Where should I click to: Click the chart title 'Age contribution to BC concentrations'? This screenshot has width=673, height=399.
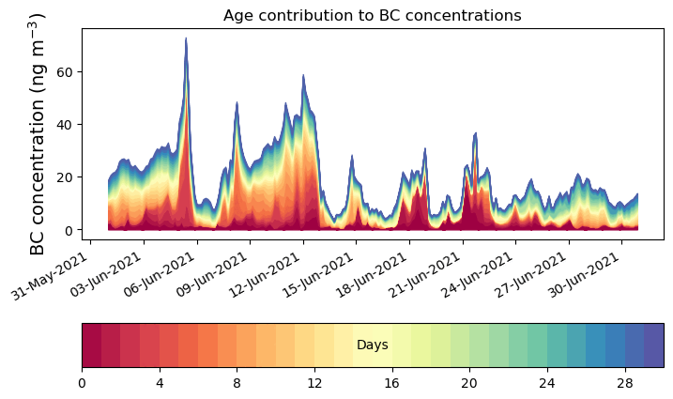[372, 15]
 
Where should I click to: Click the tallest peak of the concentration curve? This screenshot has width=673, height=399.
[186, 39]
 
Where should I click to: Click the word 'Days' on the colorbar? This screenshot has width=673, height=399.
[373, 345]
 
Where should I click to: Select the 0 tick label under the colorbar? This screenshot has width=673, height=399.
[82, 383]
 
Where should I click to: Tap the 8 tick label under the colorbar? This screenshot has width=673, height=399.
[237, 383]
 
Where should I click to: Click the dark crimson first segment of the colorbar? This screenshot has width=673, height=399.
[91, 345]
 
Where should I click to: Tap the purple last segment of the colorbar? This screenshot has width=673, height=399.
[654, 345]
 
